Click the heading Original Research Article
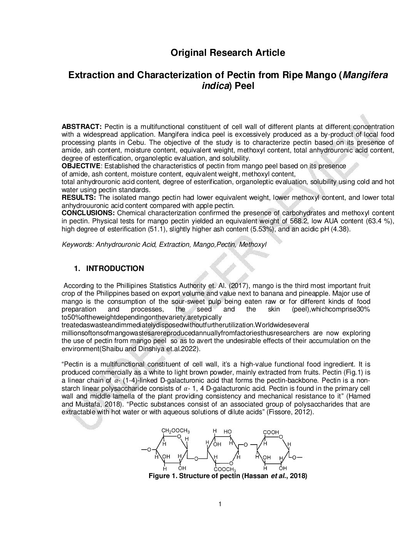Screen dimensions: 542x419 coord(228,53)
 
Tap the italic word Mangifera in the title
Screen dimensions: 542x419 coord(365,75)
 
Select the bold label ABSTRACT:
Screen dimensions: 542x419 coord(82,127)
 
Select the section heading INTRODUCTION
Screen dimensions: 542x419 coord(115,268)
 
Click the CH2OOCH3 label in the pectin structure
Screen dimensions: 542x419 coord(176,430)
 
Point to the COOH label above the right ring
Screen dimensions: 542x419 coord(271,432)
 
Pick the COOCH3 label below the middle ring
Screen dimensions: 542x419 coord(225,469)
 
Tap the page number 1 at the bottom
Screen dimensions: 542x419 coord(220,504)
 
